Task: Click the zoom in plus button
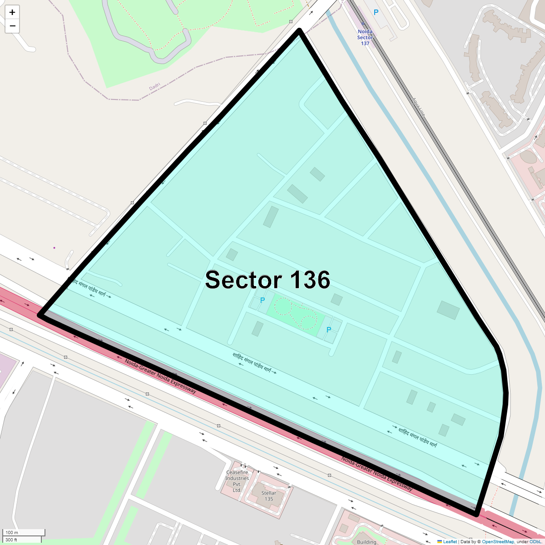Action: click(x=12, y=12)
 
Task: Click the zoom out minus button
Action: click(x=12, y=26)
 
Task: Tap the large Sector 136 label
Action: click(x=268, y=280)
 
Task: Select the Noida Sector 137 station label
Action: click(x=365, y=37)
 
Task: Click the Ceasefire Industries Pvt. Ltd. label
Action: click(x=237, y=481)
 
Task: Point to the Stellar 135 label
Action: click(x=269, y=496)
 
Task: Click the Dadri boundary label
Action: click(x=155, y=86)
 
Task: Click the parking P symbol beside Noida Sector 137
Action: click(x=376, y=13)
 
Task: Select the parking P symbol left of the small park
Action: click(x=263, y=300)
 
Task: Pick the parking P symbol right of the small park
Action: click(x=329, y=330)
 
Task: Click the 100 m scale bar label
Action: click(x=12, y=532)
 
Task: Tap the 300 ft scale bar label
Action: click(x=11, y=540)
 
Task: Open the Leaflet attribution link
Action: click(x=450, y=541)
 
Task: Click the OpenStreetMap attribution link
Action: click(x=498, y=541)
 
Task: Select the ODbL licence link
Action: click(x=535, y=541)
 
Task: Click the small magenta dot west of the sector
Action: click(x=54, y=248)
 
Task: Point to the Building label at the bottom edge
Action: click(x=367, y=542)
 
